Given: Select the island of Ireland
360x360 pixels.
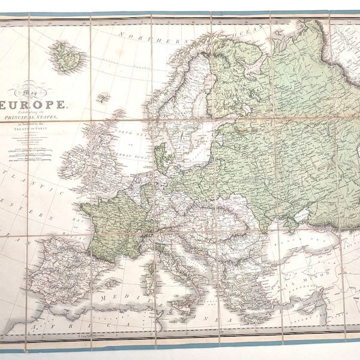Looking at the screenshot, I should point(70,162).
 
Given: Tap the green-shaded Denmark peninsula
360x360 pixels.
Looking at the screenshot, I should point(160,153).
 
